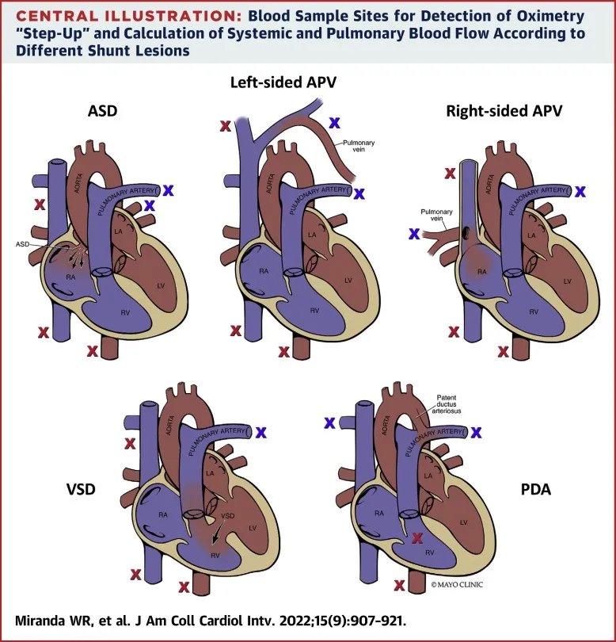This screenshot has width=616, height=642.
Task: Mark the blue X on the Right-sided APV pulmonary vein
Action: pos(413,233)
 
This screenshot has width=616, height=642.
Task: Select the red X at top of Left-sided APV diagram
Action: pos(225,125)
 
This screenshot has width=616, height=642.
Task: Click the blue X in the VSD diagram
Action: pos(261,432)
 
